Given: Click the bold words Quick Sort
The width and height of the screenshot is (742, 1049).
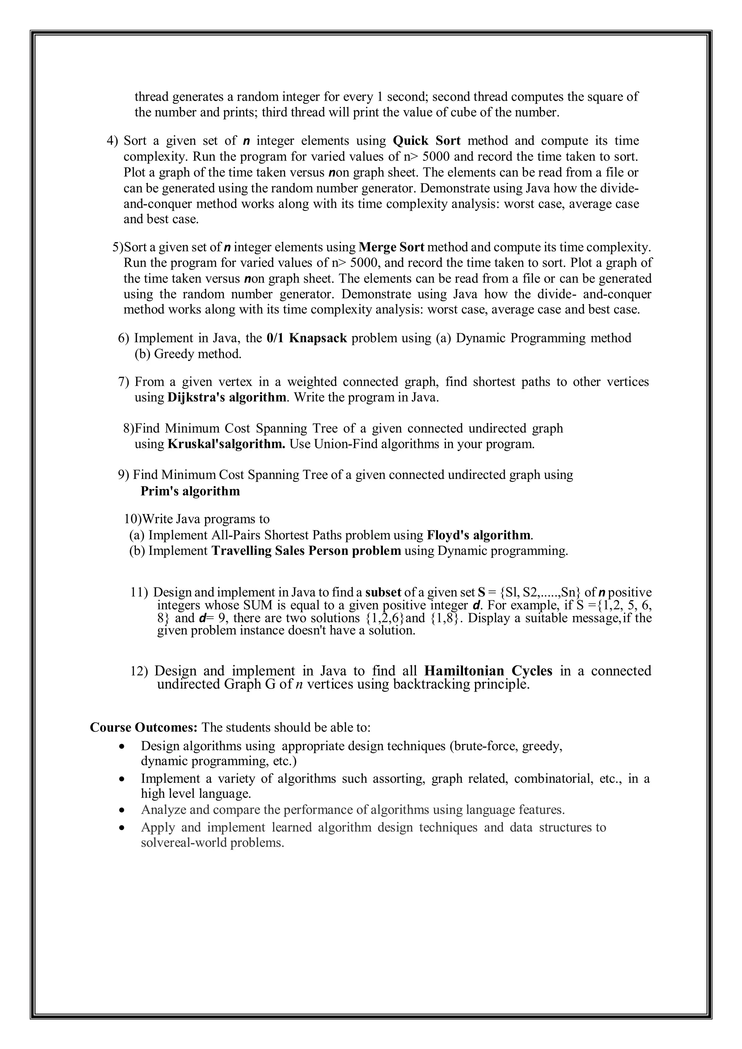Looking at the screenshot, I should pos(427,140).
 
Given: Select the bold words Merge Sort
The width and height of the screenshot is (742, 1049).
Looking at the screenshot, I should pos(392,247).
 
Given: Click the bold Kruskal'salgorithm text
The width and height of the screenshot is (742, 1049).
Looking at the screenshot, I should pos(226,444).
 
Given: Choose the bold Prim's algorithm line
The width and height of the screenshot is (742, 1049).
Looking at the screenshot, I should pos(190,491).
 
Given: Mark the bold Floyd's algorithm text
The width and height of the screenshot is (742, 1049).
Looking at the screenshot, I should pos(479,535).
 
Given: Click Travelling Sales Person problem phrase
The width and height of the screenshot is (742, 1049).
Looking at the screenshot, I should pos(306,551).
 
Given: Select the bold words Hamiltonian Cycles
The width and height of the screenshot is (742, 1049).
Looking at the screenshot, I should pos(488,671).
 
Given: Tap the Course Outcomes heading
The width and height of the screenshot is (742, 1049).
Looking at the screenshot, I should pos(143,727).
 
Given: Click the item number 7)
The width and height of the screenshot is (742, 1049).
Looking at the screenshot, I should pos(124,382).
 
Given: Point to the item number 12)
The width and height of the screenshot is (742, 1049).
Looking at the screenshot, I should pos(139,671).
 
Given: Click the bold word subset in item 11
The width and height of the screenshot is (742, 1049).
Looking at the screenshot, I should pos(383,593).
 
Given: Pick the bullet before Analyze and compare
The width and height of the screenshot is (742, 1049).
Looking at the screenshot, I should pos(121,810).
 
